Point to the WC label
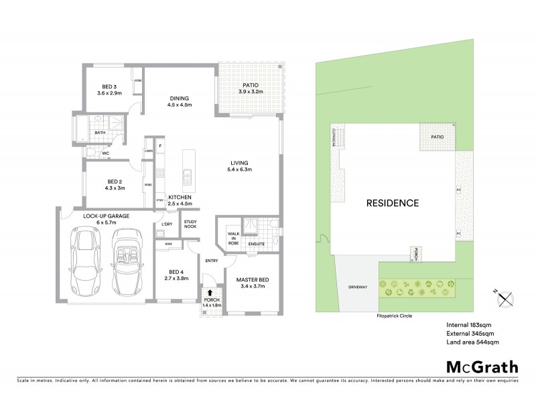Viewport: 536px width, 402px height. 106,153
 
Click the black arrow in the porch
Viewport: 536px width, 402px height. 210,293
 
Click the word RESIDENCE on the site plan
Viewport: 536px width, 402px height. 393,203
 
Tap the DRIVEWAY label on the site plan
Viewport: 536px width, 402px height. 358,287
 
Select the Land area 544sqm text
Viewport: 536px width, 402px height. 472,342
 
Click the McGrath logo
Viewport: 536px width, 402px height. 482,367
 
